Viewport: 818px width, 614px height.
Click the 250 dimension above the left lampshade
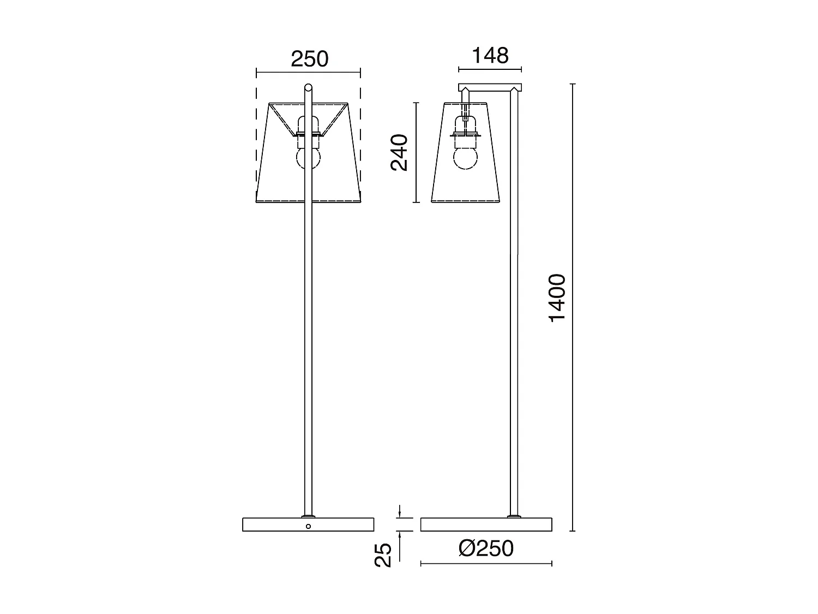pyautogui.click(x=309, y=59)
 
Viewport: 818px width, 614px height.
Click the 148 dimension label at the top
pyautogui.click(x=490, y=55)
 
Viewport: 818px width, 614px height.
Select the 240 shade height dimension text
pyautogui.click(x=400, y=152)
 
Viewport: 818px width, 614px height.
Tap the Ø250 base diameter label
pyautogui.click(x=486, y=549)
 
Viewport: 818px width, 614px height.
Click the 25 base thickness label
pyautogui.click(x=384, y=555)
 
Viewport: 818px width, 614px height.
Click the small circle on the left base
pyautogui.click(x=308, y=526)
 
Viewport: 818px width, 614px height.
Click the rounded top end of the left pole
pyautogui.click(x=308, y=87)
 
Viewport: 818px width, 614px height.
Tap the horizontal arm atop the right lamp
pyautogui.click(x=490, y=87)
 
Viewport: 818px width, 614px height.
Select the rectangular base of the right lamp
pyautogui.click(x=464, y=524)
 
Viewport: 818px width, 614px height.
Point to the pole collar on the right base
pyautogui.click(x=513, y=516)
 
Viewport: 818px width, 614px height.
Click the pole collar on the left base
pyautogui.click(x=308, y=516)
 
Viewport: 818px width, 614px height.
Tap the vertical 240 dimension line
pyautogui.click(x=417, y=180)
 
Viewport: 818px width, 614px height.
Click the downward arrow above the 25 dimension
pyautogui.click(x=400, y=512)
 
